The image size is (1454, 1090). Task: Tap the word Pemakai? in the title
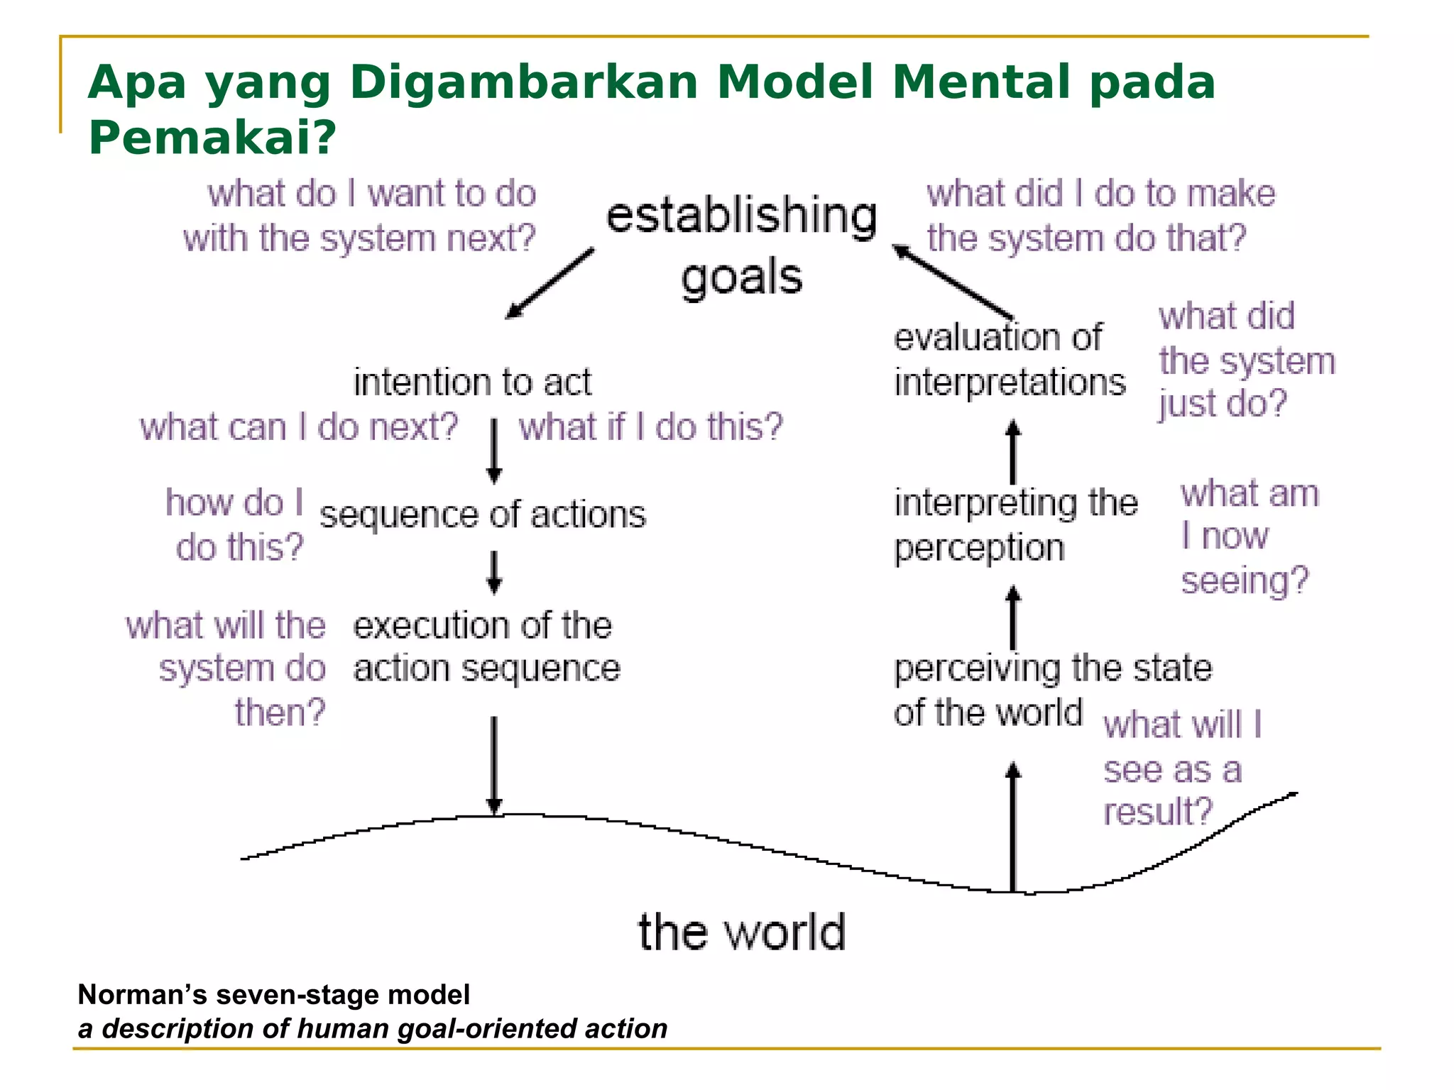[212, 137]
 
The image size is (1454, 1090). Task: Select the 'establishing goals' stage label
[741, 245]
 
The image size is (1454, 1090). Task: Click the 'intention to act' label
[472, 382]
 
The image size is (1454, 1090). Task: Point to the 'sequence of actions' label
[483, 514]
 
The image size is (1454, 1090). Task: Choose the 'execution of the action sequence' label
[486, 647]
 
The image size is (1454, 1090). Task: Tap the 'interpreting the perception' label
[1015, 525]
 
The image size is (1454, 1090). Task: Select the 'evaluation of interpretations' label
[1009, 360]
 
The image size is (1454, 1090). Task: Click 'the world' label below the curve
[742, 932]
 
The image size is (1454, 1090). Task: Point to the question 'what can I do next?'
[299, 427]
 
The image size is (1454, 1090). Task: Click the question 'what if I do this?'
[650, 427]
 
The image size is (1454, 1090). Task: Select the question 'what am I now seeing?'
[1249, 536]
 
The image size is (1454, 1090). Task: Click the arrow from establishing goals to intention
[550, 283]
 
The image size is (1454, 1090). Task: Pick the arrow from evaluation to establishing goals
[952, 281]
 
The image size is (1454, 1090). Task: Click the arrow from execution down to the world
[494, 765]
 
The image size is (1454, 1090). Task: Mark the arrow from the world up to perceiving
[1013, 827]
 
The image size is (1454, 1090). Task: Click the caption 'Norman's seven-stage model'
[273, 995]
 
